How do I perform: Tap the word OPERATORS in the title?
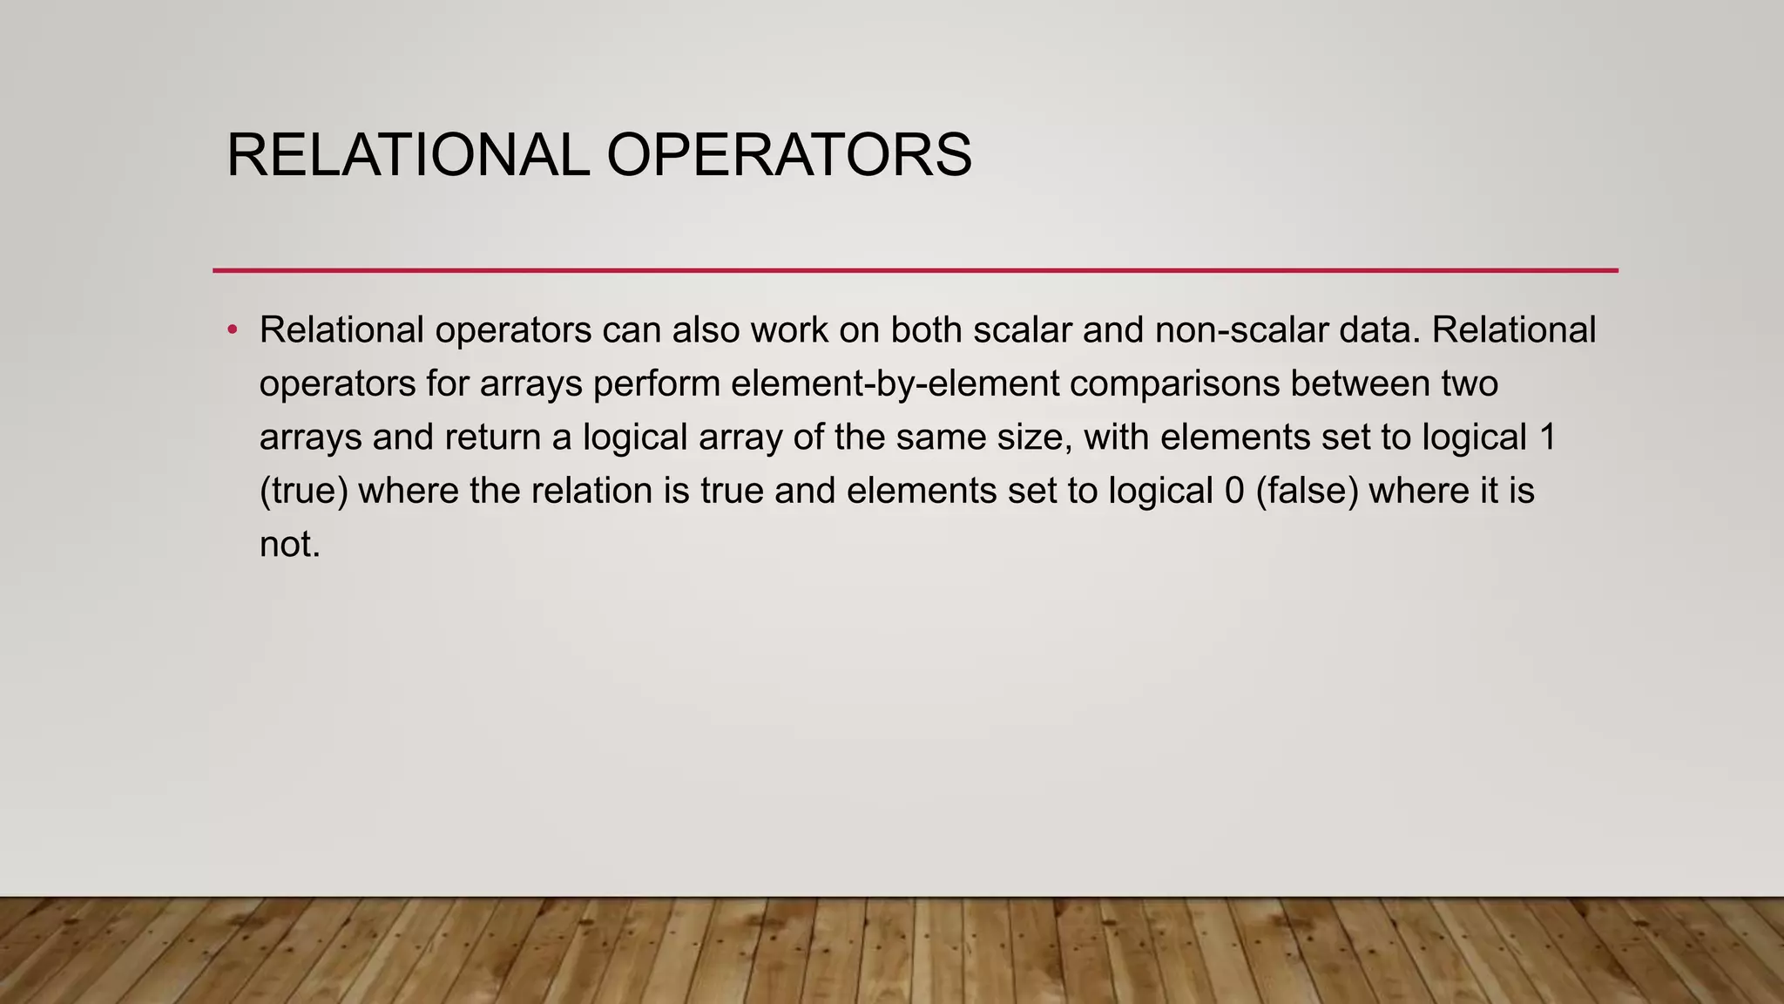(x=788, y=155)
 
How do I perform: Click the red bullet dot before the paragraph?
(x=232, y=330)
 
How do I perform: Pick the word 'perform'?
(x=656, y=383)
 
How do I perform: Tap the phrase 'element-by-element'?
(x=895, y=383)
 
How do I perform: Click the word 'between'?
(x=1360, y=383)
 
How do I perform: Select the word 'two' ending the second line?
(x=1470, y=383)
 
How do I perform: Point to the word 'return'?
(x=493, y=438)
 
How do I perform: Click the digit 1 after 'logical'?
(x=1548, y=438)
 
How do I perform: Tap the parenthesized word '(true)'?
(x=304, y=491)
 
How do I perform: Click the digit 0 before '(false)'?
(x=1234, y=491)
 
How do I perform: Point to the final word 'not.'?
(x=290, y=545)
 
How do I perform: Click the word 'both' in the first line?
(x=926, y=330)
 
